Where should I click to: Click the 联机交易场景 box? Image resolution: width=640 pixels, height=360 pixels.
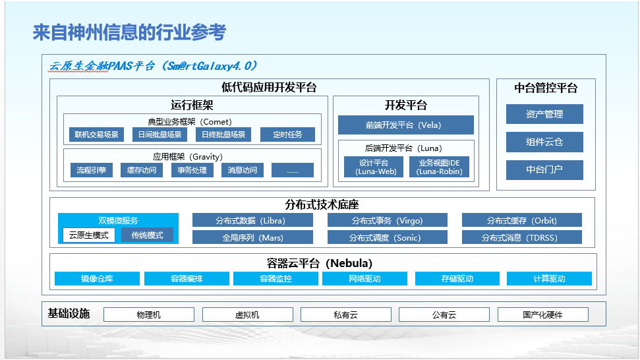[x=96, y=135]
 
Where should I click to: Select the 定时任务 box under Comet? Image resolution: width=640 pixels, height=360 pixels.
[x=287, y=135]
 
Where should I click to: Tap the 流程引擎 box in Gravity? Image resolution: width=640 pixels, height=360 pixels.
[x=91, y=170]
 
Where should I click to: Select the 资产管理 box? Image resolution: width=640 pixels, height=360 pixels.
[x=544, y=114]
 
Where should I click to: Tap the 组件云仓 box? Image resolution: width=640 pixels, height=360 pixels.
[x=544, y=142]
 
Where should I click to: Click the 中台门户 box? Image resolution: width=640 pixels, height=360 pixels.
[x=544, y=169]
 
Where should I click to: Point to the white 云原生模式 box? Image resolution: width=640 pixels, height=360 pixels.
[x=89, y=235]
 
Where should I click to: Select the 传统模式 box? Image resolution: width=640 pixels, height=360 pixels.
[x=147, y=235]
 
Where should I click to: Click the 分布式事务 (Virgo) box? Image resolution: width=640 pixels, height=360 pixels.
[x=387, y=220]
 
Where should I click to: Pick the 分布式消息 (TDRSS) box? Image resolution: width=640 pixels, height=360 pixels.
[x=522, y=237]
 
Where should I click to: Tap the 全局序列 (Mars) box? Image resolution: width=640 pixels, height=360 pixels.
[x=252, y=237]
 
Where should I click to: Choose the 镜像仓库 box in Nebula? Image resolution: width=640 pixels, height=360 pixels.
[x=97, y=279]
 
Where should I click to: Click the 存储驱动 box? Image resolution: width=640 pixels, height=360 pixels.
[x=457, y=279]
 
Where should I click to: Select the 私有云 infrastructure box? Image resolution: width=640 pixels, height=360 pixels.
[x=345, y=315]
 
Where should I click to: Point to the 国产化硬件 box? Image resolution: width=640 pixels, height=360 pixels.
[x=542, y=315]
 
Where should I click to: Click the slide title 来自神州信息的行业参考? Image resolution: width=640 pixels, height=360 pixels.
[x=129, y=32]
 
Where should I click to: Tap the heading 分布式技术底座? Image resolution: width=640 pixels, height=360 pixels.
[x=322, y=205]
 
